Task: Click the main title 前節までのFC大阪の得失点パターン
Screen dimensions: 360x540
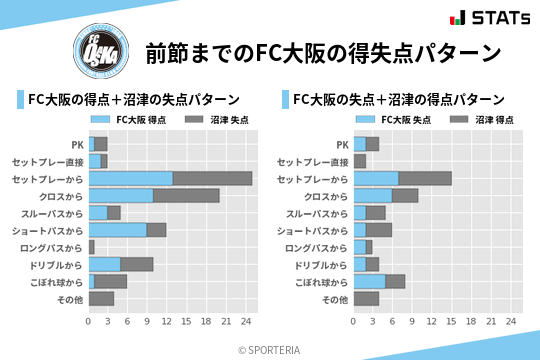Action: click(x=322, y=52)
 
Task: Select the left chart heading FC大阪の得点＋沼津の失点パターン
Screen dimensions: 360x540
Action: click(x=133, y=99)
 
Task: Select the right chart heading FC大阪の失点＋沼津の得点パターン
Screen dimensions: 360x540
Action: click(x=398, y=99)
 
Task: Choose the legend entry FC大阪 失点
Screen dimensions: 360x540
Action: click(x=399, y=119)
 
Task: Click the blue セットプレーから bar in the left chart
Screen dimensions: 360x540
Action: click(x=130, y=178)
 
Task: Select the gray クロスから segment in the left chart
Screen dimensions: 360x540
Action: click(x=186, y=195)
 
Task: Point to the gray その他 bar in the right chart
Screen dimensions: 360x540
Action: click(x=366, y=299)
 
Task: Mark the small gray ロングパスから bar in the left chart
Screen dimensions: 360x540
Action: click(x=91, y=247)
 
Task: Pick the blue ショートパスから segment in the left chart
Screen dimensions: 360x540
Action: click(x=117, y=230)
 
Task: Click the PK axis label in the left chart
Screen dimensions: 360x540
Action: click(x=76, y=144)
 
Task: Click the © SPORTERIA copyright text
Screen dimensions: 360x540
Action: click(x=270, y=349)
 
